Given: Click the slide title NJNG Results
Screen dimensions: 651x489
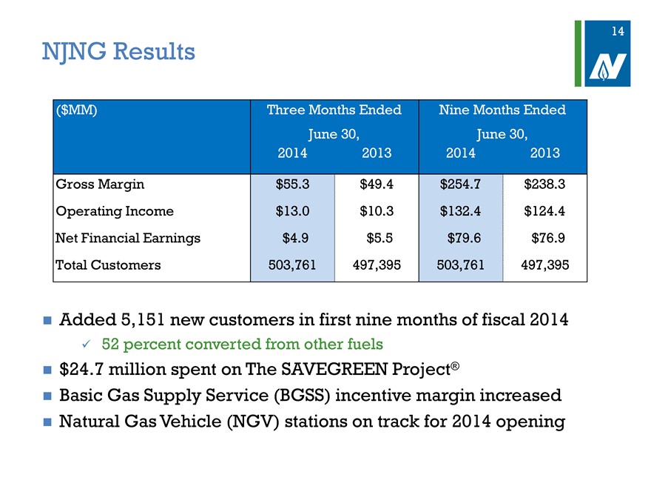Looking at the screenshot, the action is pyautogui.click(x=118, y=52).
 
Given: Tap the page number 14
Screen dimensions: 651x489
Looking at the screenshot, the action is pyautogui.click(x=618, y=31).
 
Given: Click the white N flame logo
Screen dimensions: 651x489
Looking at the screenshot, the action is pyautogui.click(x=608, y=67).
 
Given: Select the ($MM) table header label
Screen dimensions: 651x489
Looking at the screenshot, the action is pyautogui.click(x=76, y=110).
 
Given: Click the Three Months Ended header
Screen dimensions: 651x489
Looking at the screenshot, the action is pyautogui.click(x=334, y=110).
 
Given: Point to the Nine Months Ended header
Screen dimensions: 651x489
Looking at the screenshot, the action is pyautogui.click(x=502, y=110).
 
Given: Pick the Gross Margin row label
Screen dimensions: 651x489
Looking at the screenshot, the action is pyautogui.click(x=100, y=184).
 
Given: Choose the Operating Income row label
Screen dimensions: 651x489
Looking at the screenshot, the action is pyautogui.click(x=115, y=212).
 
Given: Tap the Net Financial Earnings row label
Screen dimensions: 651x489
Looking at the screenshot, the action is pyautogui.click(x=128, y=239).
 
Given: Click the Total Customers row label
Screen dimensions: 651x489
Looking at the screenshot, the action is pyautogui.click(x=108, y=265).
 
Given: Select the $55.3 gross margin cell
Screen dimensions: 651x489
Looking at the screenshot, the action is pyautogui.click(x=293, y=184).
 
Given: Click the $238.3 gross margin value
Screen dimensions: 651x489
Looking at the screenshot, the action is pyautogui.click(x=544, y=184).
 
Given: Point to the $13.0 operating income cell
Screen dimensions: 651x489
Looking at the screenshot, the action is pyautogui.click(x=293, y=211).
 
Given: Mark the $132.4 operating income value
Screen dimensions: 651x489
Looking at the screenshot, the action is pyautogui.click(x=460, y=211).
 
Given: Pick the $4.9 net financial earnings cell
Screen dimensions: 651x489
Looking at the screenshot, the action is pyautogui.click(x=296, y=239).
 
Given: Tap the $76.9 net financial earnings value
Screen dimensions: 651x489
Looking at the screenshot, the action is pyautogui.click(x=548, y=239).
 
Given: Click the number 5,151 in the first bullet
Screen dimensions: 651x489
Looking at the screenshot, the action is pyautogui.click(x=143, y=320).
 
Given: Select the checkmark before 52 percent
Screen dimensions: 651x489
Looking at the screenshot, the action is pyautogui.click(x=87, y=345).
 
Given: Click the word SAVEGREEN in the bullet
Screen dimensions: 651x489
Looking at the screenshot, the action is pyautogui.click(x=334, y=369).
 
